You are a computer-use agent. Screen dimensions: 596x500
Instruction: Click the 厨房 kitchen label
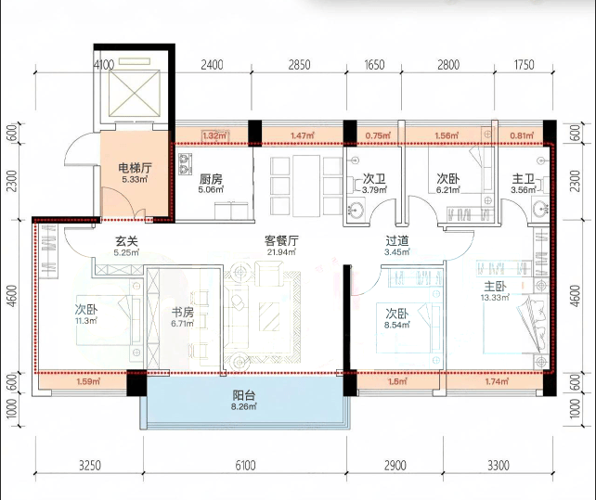(211, 178)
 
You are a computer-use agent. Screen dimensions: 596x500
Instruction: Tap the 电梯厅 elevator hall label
(135, 168)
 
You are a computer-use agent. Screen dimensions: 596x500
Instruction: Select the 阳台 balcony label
(244, 395)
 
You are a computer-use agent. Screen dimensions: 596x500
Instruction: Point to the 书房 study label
(183, 313)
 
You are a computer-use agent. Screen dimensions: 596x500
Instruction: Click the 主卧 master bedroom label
(495, 286)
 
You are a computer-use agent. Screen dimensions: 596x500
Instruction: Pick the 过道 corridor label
(397, 241)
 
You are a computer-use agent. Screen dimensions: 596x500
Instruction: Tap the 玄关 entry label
(126, 241)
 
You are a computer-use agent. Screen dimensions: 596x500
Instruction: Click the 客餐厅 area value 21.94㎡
(281, 251)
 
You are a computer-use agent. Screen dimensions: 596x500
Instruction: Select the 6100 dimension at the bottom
(245, 466)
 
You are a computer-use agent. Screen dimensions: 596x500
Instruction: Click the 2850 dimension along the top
(299, 65)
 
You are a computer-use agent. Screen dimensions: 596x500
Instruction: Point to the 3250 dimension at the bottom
(90, 466)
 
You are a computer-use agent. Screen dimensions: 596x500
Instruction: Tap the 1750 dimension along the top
(525, 65)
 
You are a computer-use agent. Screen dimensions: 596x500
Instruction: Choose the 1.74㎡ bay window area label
(497, 381)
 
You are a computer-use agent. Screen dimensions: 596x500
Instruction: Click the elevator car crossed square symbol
(134, 93)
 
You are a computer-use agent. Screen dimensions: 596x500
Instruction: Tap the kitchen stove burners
(185, 164)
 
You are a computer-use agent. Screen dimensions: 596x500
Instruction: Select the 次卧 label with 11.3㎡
(86, 310)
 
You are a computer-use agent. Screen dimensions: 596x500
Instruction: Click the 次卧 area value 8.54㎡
(397, 325)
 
